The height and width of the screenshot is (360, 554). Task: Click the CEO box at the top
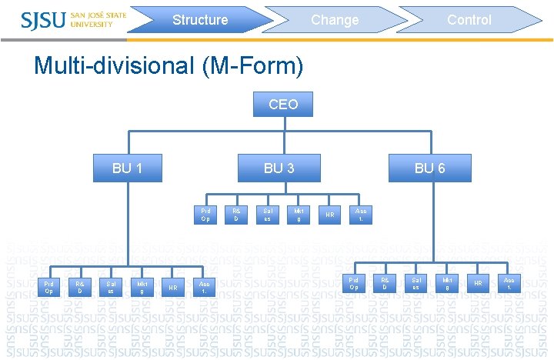point(283,104)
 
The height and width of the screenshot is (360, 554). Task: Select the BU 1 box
point(126,168)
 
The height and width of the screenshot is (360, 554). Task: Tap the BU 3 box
point(279,168)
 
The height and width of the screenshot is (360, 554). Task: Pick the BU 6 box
point(429,168)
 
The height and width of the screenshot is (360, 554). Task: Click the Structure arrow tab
point(200,20)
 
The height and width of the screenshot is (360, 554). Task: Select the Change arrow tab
point(335,20)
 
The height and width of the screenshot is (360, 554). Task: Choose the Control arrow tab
point(469,20)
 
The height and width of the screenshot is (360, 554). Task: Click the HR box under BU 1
point(173,288)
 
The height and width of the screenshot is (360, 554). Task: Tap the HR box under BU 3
point(329,215)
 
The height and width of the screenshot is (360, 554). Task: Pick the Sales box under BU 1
point(111,288)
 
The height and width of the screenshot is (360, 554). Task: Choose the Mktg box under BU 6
point(447,283)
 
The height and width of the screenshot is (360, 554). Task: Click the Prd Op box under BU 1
point(48,288)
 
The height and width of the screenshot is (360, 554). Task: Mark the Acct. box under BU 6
point(509,283)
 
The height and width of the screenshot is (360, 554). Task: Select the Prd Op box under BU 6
point(354,283)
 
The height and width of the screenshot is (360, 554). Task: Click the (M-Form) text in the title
point(252,66)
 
